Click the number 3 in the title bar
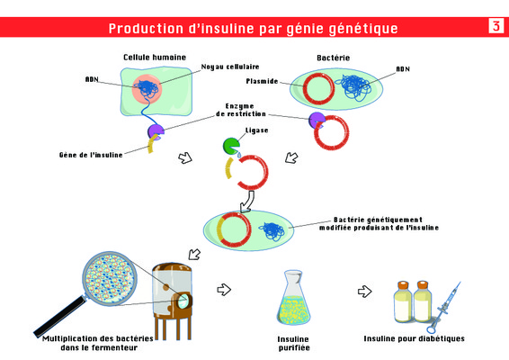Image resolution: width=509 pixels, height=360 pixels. point(496,26)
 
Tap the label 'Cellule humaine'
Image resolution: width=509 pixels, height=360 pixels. point(155,58)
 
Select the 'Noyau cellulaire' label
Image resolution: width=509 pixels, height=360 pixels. point(230,67)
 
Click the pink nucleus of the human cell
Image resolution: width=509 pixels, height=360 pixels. point(147,87)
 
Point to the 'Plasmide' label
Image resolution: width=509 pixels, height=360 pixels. point(262,81)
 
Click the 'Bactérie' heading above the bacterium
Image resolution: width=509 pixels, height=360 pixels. point(334,58)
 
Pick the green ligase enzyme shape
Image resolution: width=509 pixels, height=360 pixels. point(231,146)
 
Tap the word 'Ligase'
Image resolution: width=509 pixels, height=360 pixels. point(257,130)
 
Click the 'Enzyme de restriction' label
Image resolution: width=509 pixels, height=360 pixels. point(241,110)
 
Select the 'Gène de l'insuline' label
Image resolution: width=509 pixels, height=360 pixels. point(91,155)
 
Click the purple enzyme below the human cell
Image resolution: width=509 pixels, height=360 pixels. point(156,131)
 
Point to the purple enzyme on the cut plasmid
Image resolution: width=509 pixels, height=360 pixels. point(317,120)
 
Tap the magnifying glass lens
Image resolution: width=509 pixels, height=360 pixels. point(110,278)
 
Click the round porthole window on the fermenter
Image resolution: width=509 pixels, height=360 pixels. point(183,301)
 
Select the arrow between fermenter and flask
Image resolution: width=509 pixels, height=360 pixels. point(224,290)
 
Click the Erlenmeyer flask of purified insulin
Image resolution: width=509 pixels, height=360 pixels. point(293,298)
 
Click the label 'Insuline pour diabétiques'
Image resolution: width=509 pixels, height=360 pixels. point(415,338)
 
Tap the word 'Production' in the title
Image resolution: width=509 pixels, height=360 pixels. point(146,28)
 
